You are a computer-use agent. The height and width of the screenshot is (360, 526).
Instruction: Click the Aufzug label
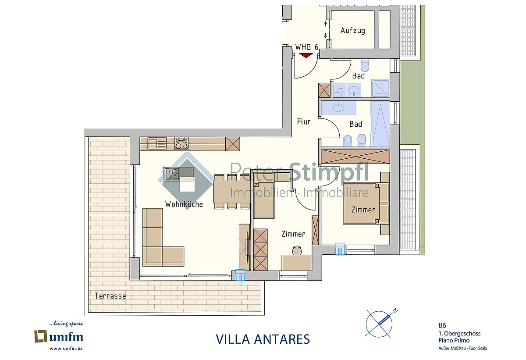pyautogui.click(x=352, y=31)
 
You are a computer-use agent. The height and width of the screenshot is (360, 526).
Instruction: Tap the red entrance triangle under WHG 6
pyautogui.click(x=306, y=55)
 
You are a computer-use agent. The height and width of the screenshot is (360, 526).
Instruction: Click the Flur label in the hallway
pyautogui.click(x=304, y=121)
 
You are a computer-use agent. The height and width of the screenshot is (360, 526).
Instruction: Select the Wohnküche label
pyautogui.click(x=184, y=204)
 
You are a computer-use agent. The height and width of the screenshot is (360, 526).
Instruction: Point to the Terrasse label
pyautogui.click(x=110, y=296)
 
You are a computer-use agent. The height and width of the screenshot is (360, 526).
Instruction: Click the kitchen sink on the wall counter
pyautogui.click(x=157, y=143)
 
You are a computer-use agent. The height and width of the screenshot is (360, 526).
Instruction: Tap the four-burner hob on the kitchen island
pyautogui.click(x=172, y=174)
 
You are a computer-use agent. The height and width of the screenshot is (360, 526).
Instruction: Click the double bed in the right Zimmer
pyautogui.click(x=361, y=203)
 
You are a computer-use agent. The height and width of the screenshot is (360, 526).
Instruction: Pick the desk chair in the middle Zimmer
pyautogui.click(x=297, y=250)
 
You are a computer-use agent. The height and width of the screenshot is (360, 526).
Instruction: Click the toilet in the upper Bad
pyautogui.click(x=365, y=65)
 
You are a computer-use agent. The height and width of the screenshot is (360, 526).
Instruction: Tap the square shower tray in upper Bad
pyautogui.click(x=380, y=88)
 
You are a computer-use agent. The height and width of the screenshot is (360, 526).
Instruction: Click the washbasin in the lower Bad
pyautogui.click(x=338, y=107)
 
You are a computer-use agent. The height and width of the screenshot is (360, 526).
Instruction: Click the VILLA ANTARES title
pyautogui.click(x=263, y=339)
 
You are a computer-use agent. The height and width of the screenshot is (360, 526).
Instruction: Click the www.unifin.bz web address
pyautogui.click(x=66, y=349)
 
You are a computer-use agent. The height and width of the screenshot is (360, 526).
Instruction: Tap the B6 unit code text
pyautogui.click(x=442, y=325)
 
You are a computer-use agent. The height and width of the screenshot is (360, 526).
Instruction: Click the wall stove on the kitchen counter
pyautogui.click(x=181, y=143)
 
